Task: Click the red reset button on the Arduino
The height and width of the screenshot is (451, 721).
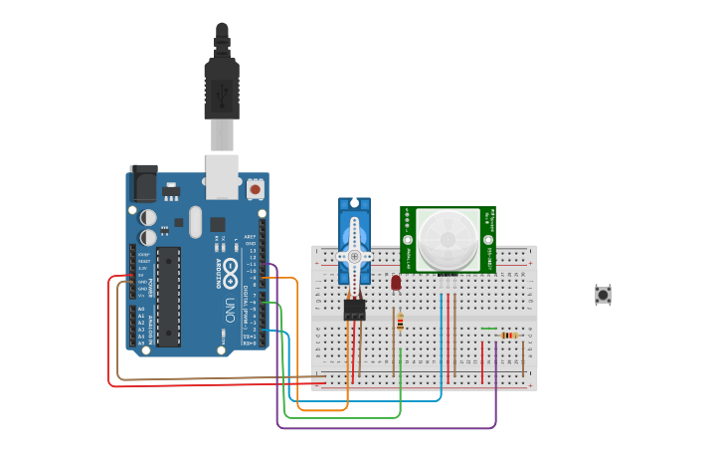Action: pyautogui.click(x=256, y=187)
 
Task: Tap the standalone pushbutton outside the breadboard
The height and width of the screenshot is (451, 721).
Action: pyautogui.click(x=603, y=295)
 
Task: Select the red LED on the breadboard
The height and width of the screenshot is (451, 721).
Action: pyautogui.click(x=396, y=283)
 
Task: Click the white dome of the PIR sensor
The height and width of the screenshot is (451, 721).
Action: pyautogui.click(x=448, y=240)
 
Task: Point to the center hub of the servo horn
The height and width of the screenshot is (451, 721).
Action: pyautogui.click(x=353, y=256)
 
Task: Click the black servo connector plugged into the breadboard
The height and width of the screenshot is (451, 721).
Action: pyautogui.click(x=354, y=310)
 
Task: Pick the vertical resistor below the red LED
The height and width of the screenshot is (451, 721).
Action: pyautogui.click(x=400, y=322)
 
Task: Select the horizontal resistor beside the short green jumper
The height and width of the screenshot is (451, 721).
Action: pyautogui.click(x=509, y=336)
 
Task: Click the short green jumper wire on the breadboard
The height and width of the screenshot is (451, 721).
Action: pyautogui.click(x=488, y=329)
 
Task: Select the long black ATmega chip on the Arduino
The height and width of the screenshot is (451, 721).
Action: pyautogui.click(x=168, y=296)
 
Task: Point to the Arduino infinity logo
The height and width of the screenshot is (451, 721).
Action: pyautogui.click(x=230, y=269)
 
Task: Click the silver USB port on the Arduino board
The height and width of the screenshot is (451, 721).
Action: pyautogui.click(x=222, y=170)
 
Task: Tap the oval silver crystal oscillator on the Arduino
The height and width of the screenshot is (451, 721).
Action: pyautogui.click(x=195, y=222)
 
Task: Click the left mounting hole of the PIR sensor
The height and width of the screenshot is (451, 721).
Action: pyautogui.click(x=407, y=240)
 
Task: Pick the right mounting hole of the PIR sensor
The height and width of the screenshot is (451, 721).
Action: pyautogui.click(x=488, y=240)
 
